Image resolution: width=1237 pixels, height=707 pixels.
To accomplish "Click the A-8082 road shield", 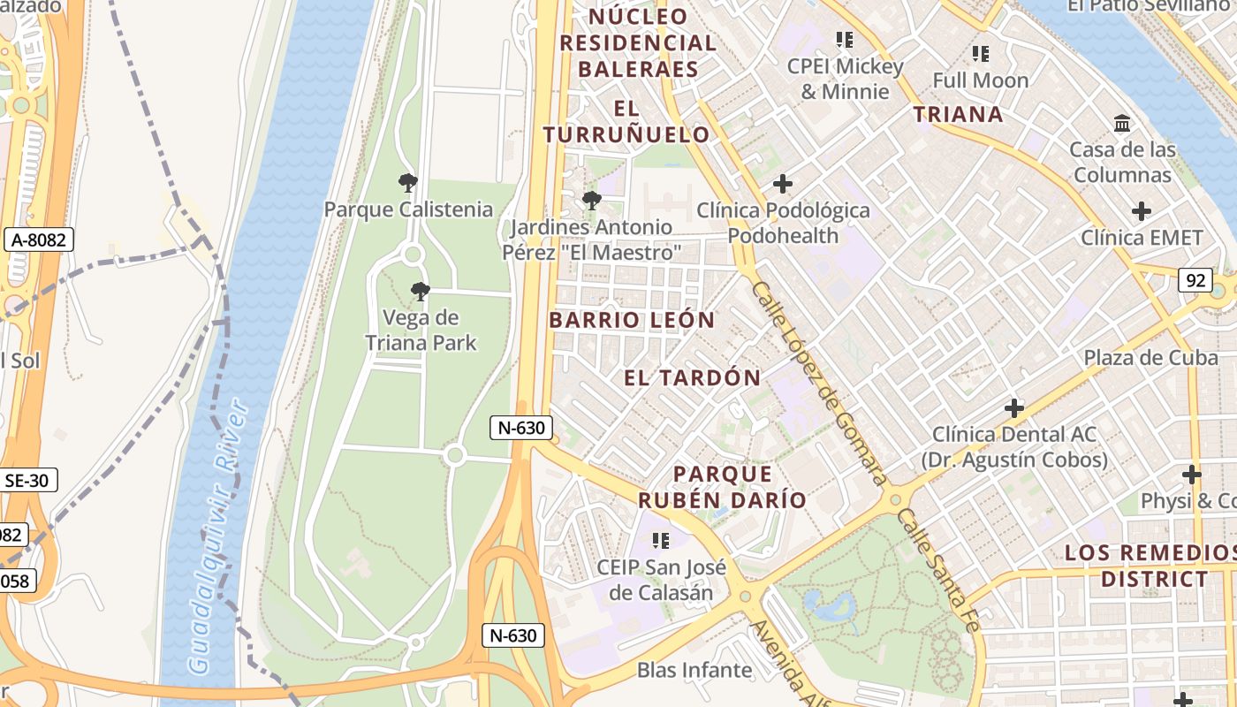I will (x=39, y=239).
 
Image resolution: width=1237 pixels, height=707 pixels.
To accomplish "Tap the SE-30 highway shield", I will (x=28, y=480).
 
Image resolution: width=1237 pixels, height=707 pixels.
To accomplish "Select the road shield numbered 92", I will (x=1195, y=280).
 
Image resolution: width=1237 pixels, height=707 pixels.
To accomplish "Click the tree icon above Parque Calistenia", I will (x=407, y=183).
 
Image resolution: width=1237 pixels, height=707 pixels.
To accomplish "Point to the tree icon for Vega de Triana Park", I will (x=421, y=291).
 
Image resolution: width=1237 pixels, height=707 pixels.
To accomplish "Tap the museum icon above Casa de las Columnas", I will (x=1122, y=123).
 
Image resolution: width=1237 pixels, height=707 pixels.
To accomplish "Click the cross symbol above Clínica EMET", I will (x=1142, y=211).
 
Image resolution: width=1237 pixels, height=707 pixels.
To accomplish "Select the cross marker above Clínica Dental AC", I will (x=1013, y=408).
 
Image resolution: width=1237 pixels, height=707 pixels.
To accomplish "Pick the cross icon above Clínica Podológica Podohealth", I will (x=782, y=184).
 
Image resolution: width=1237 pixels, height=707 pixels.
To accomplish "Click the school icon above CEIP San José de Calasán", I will (x=660, y=540).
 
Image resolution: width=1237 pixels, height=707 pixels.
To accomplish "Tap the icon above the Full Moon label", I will (x=980, y=54).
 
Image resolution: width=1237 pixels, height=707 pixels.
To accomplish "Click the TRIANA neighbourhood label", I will (x=958, y=114).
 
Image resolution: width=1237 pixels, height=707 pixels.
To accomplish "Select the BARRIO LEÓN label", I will (x=632, y=320).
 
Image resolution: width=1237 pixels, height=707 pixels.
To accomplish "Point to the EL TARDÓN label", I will (x=692, y=378).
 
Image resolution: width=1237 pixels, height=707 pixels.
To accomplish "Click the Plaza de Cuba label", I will (x=1150, y=358).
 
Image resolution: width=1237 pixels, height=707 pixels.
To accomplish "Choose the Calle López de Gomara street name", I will (x=816, y=382).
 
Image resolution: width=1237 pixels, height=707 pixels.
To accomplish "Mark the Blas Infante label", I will (x=694, y=670).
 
